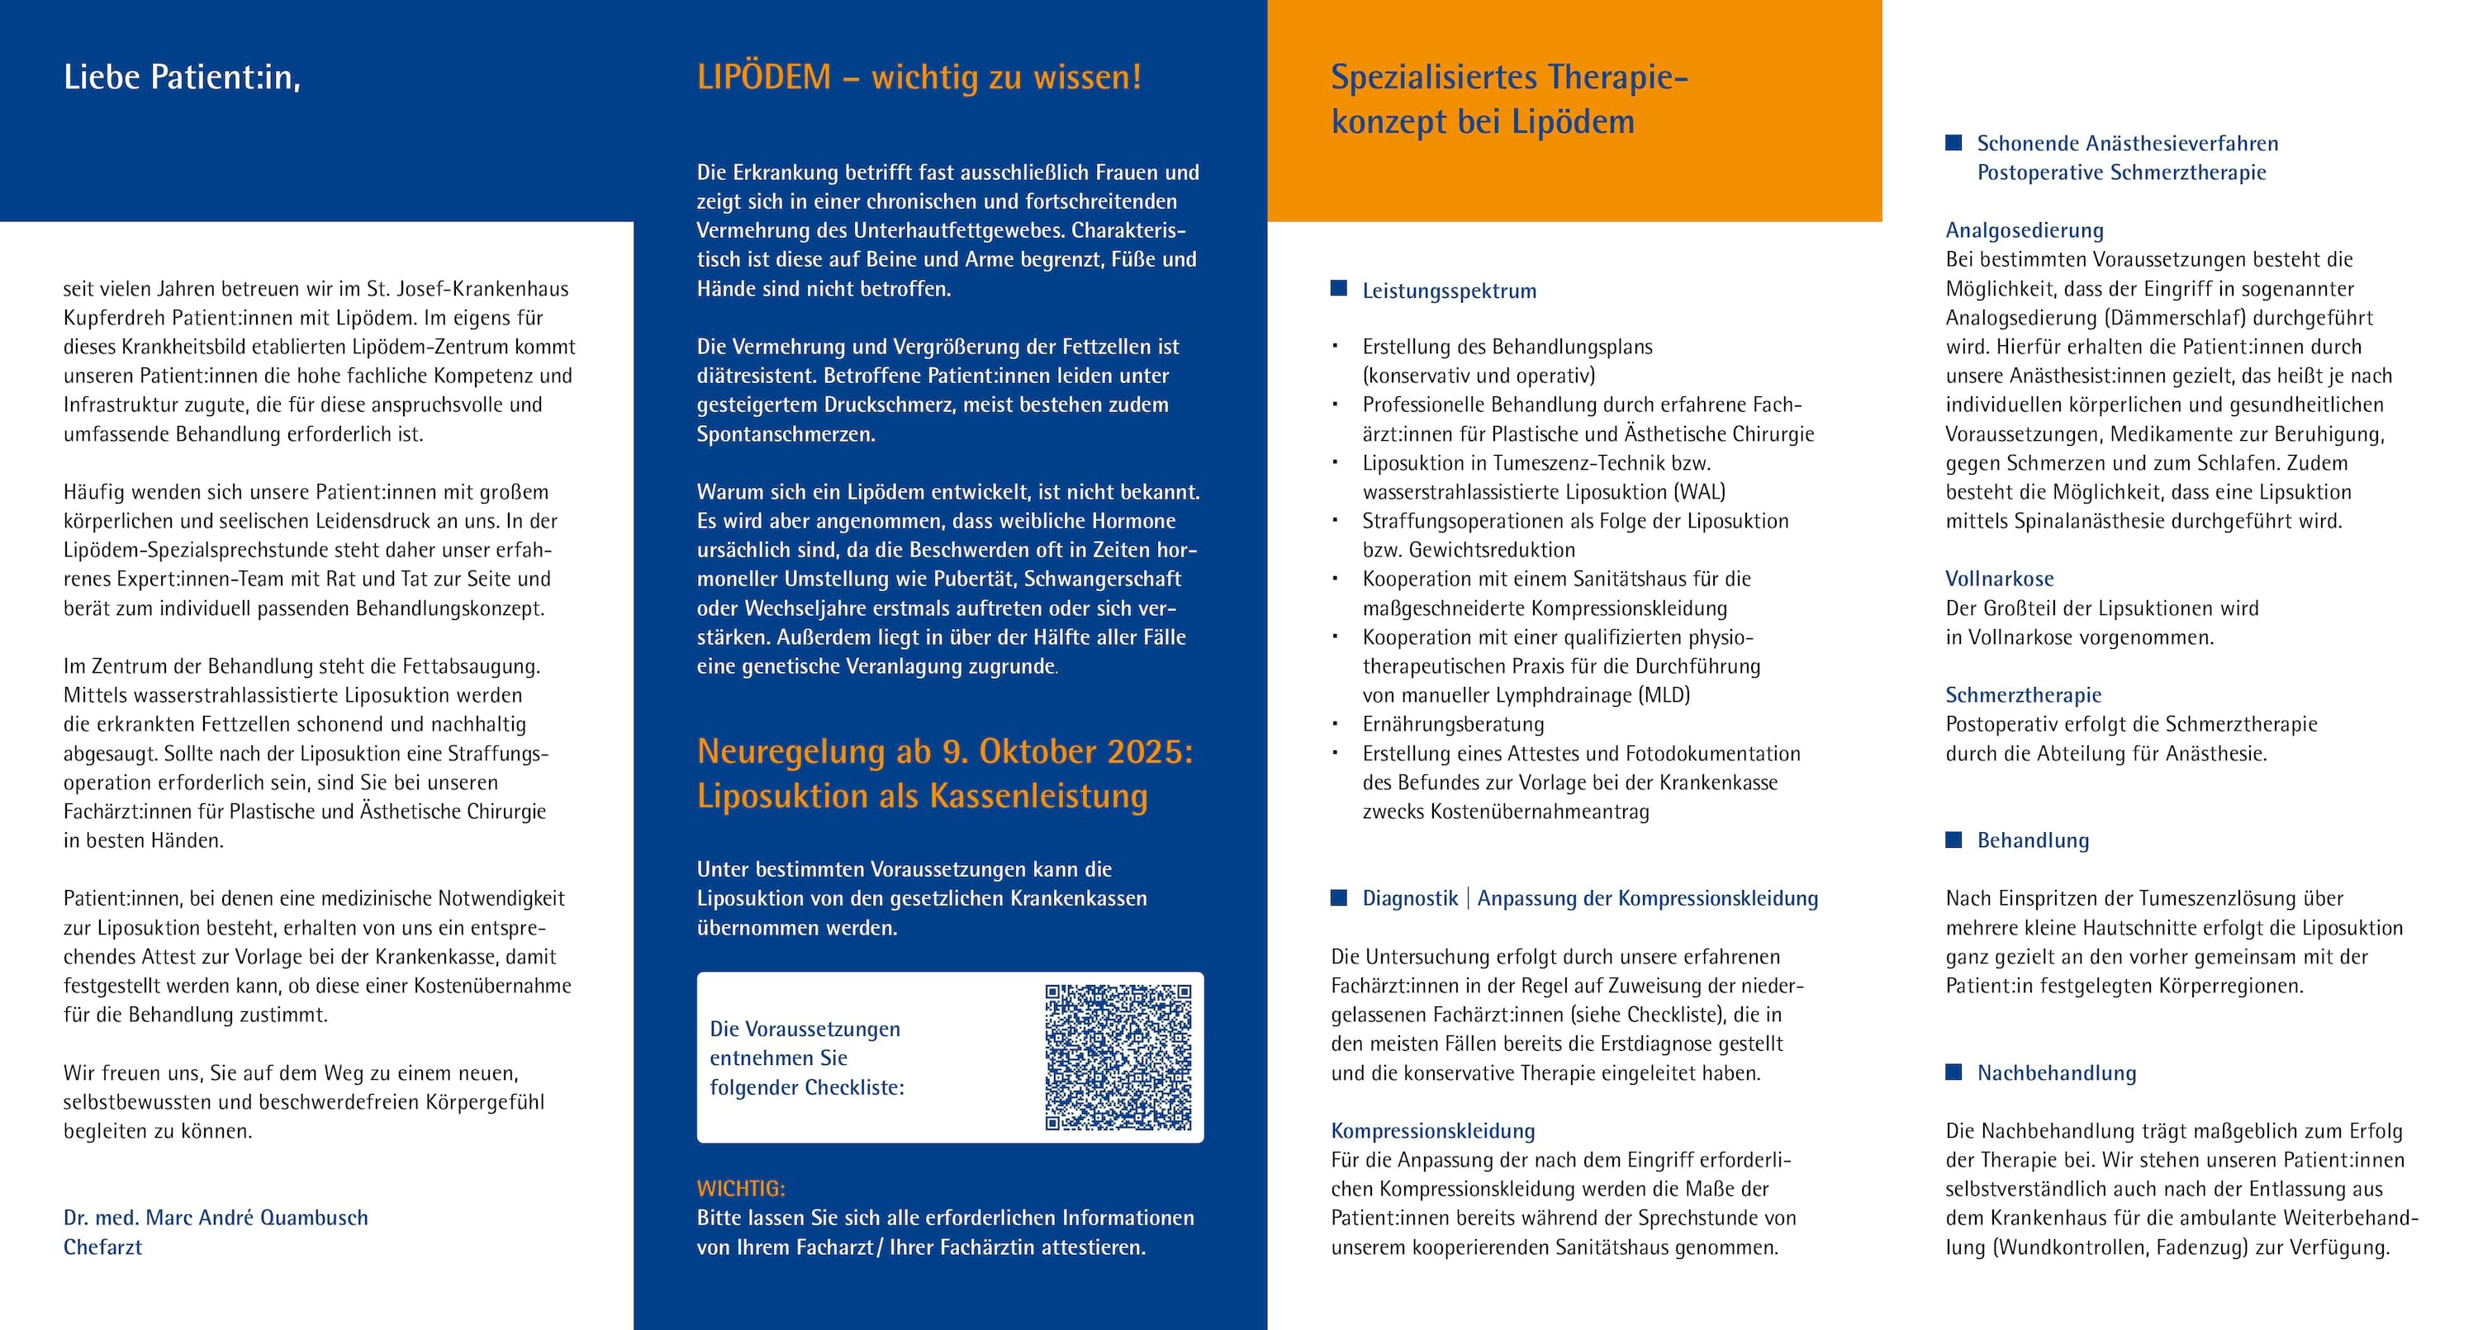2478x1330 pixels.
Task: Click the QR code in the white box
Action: (x=1118, y=1057)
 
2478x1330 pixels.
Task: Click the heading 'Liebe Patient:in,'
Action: (x=182, y=77)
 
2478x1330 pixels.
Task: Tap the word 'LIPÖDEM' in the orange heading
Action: (x=764, y=77)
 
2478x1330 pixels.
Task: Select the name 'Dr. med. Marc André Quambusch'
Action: (x=216, y=1218)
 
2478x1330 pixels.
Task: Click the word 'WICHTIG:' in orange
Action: (x=741, y=1189)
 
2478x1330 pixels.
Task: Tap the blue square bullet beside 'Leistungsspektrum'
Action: (x=1338, y=288)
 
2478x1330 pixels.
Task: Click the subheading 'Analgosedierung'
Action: (x=2024, y=231)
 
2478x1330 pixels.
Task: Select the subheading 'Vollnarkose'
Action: (x=1999, y=579)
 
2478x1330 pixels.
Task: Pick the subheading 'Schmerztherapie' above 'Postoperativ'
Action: (x=2023, y=695)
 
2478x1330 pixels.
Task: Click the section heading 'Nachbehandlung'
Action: (x=2056, y=1073)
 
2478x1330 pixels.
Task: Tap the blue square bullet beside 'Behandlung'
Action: (x=1953, y=840)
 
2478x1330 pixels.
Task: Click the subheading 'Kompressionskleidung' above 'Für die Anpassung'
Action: (x=1432, y=1131)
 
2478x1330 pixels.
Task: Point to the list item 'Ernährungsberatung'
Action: (x=1453, y=724)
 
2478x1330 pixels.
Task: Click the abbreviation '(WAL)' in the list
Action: (x=1700, y=492)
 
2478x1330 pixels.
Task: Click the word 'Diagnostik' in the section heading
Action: (x=1409, y=898)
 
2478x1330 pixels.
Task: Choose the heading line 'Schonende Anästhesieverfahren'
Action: (x=2127, y=144)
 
